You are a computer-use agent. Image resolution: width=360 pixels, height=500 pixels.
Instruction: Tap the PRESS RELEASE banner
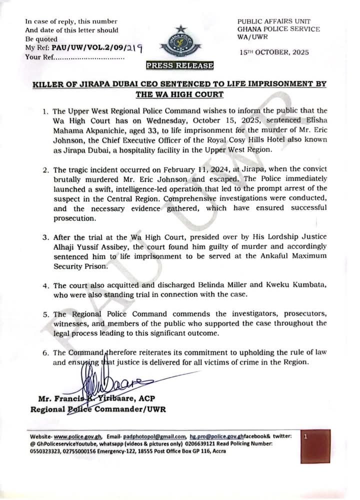(x=179, y=65)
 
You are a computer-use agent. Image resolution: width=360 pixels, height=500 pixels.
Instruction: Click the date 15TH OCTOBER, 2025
(x=274, y=51)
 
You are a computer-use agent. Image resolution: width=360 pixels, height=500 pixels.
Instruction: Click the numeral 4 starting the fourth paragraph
(x=44, y=285)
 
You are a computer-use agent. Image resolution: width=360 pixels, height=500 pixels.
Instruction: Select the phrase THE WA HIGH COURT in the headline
(x=179, y=93)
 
